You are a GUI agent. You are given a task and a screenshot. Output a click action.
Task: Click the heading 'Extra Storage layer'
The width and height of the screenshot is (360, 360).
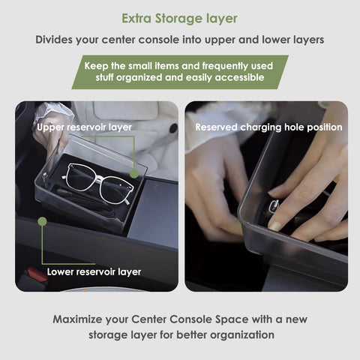pyautogui.click(x=179, y=16)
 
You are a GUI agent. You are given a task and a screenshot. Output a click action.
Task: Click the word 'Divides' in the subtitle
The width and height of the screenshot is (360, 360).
pyautogui.click(x=56, y=40)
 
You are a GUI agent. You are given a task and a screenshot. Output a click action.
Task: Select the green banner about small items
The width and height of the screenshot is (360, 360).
pyautogui.click(x=179, y=71)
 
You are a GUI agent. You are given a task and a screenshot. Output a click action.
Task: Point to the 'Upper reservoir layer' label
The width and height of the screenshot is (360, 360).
pyautogui.click(x=84, y=127)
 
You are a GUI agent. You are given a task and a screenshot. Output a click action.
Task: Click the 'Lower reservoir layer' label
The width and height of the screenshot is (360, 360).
pyautogui.click(x=94, y=271)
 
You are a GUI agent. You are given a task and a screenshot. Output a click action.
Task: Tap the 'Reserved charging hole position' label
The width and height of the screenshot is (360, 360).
pyautogui.click(x=268, y=127)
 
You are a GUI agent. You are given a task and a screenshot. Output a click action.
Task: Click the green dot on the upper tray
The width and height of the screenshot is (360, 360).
pyautogui.click(x=134, y=172)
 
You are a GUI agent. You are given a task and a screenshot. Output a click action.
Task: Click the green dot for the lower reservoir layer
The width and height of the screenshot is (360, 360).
pyautogui.click(x=43, y=222)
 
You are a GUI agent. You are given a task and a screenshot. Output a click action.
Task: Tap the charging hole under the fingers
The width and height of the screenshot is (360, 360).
pyautogui.click(x=274, y=209)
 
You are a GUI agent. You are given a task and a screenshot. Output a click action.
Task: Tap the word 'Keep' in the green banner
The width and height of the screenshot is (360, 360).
pyautogui.click(x=97, y=65)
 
